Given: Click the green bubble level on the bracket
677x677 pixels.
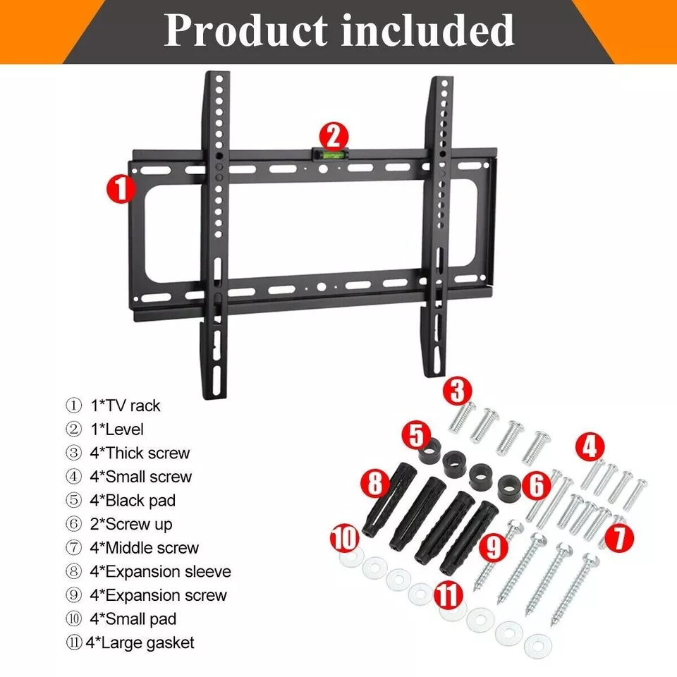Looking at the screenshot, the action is tap(330, 153).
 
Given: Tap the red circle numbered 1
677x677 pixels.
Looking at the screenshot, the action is tap(121, 189).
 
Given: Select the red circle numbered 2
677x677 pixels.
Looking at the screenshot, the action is tap(334, 138).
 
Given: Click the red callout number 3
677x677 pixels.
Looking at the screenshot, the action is tap(458, 391).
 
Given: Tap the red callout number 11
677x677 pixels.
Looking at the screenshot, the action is tap(448, 594).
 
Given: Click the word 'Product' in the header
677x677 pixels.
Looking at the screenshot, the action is tap(245, 31).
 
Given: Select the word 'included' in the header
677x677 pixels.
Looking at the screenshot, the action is tap(428, 30).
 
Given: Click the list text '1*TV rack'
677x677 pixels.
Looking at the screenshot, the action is tap(126, 406).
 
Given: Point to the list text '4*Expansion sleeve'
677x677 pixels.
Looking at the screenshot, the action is tap(161, 572).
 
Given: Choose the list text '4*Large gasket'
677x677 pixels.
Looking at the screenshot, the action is tap(140, 643).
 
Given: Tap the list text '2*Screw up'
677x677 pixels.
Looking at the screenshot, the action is tap(131, 525).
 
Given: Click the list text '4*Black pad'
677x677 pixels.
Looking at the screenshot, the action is tap(133, 501).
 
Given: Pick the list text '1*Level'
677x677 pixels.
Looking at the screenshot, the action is tap(117, 429).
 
